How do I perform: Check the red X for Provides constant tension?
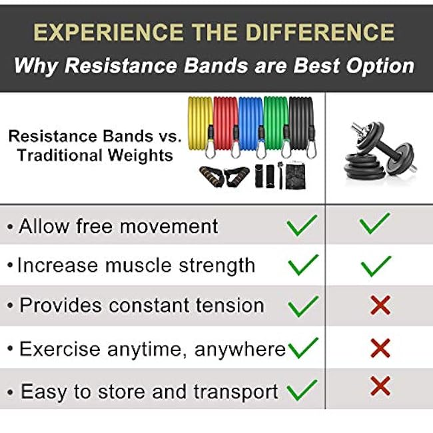[x=380, y=306]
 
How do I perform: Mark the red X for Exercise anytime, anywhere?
[x=380, y=348]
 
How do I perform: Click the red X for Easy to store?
[x=380, y=386]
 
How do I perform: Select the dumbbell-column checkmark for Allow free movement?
[x=375, y=224]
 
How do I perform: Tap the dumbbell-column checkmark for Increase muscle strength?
[x=375, y=265]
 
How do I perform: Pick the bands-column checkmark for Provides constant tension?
[x=303, y=305]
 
